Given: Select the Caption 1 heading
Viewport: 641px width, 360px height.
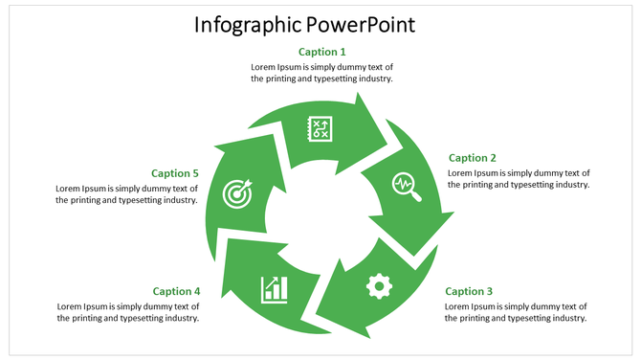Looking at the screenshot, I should (322, 52).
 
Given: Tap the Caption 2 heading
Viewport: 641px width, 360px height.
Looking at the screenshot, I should (473, 158).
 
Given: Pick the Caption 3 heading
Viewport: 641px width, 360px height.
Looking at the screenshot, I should (469, 291).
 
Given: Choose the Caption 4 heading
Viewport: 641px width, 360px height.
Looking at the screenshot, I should (176, 291).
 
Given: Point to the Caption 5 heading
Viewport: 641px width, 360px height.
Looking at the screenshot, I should (175, 173).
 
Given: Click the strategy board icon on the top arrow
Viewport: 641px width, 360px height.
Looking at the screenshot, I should (320, 128).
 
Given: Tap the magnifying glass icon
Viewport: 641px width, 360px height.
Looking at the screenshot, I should (407, 186).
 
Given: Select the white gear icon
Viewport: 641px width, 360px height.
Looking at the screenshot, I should (380, 284).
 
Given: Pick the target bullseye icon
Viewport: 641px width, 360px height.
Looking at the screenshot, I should (236, 192).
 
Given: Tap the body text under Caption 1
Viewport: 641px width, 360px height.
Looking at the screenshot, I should (322, 73).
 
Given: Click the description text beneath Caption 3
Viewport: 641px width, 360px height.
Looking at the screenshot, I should (516, 312).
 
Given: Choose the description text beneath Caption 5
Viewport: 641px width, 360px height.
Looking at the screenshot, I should (126, 194).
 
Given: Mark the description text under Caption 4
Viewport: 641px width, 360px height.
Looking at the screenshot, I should (128, 312).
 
